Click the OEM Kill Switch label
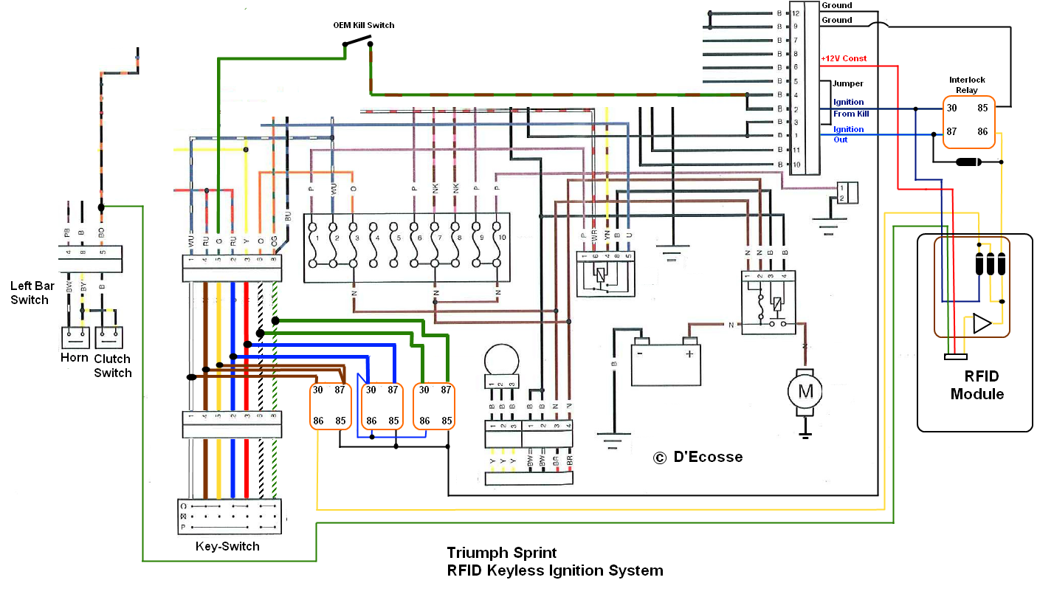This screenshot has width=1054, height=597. (364, 25)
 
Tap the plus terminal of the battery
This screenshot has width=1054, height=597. (689, 353)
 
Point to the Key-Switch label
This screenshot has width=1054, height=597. (227, 547)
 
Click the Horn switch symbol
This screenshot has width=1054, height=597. (75, 338)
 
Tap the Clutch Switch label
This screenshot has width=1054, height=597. (112, 366)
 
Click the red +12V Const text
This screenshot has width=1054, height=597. (844, 58)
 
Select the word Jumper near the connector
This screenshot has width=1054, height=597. (848, 83)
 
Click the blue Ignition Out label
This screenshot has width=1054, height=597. (848, 134)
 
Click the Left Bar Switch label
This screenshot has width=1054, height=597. (30, 292)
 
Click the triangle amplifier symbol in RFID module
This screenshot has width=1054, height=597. (981, 324)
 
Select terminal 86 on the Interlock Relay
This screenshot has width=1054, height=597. (982, 131)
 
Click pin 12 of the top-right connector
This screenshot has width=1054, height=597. (796, 13)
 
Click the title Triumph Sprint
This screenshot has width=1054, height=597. (501, 553)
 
